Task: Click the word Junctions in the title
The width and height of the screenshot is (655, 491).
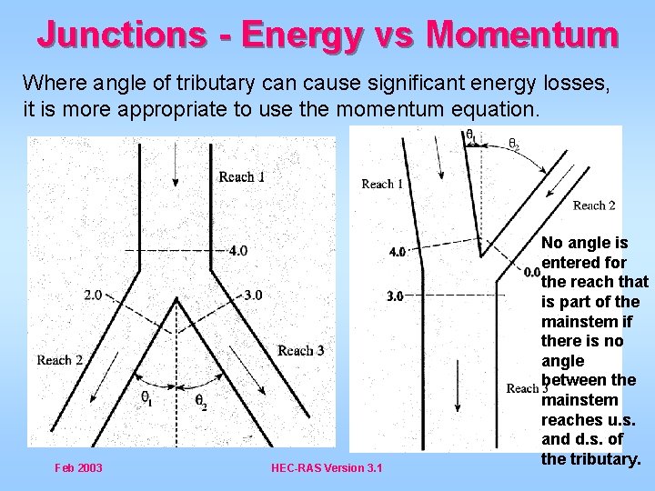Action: point(121,35)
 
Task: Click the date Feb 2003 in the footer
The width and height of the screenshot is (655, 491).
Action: point(78,468)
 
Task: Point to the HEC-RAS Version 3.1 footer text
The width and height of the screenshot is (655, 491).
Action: point(327,468)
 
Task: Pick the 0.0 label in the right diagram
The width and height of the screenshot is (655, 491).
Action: point(533,271)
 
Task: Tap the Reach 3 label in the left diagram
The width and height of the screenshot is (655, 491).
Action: point(301,350)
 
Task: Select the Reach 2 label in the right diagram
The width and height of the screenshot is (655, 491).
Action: point(594,205)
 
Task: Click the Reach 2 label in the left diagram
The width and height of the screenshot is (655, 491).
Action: point(60,360)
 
